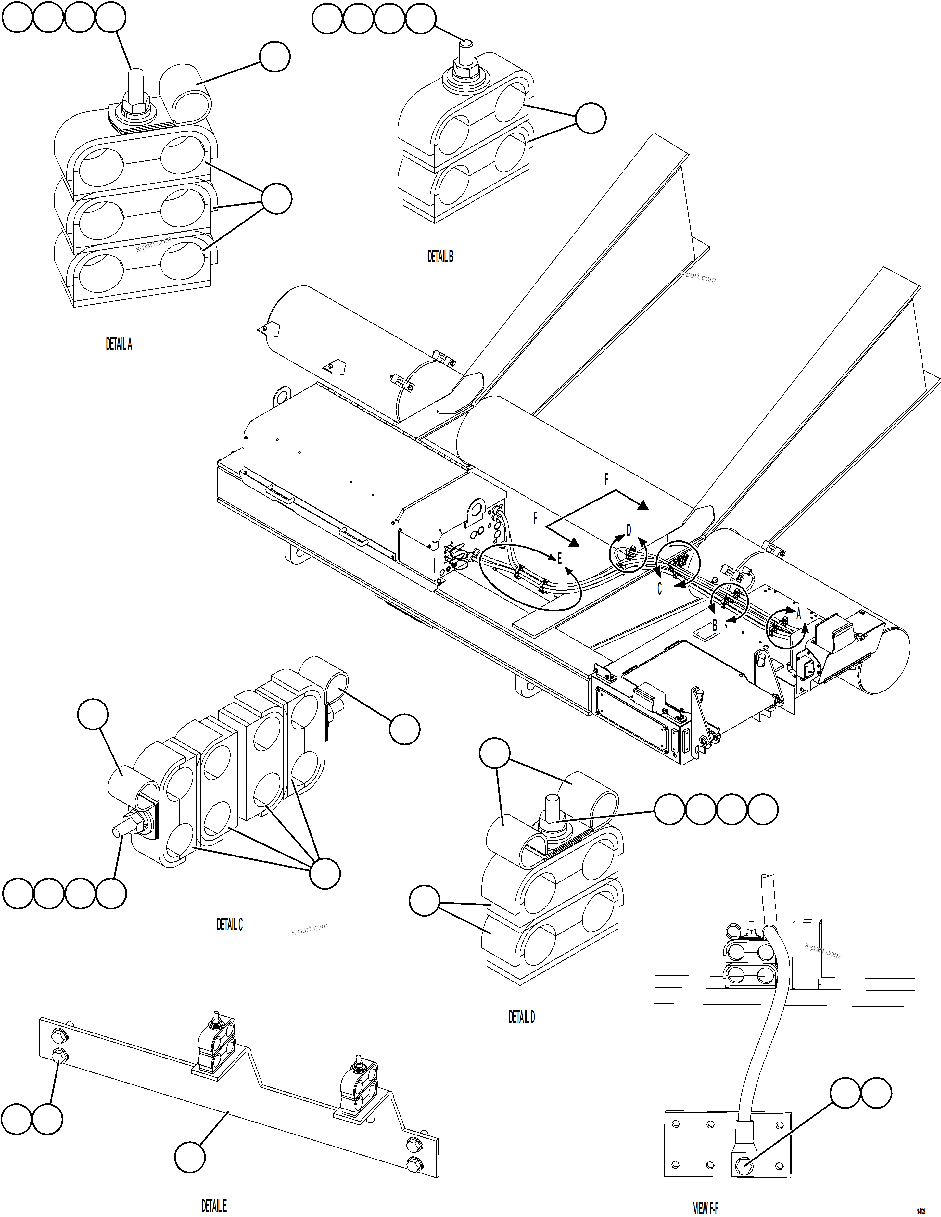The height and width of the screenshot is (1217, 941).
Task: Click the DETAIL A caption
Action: point(119,344)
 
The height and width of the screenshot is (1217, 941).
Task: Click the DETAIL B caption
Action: point(440,256)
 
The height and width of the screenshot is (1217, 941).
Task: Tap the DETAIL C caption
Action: point(230,924)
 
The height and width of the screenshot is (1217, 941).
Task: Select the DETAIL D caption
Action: point(521,1017)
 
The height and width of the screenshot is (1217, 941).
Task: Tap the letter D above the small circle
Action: point(629,530)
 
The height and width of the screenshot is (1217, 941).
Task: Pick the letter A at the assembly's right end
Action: point(798,614)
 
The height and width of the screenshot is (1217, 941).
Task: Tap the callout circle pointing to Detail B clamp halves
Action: point(590,118)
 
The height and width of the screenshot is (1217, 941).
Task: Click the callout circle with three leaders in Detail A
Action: point(276,199)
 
